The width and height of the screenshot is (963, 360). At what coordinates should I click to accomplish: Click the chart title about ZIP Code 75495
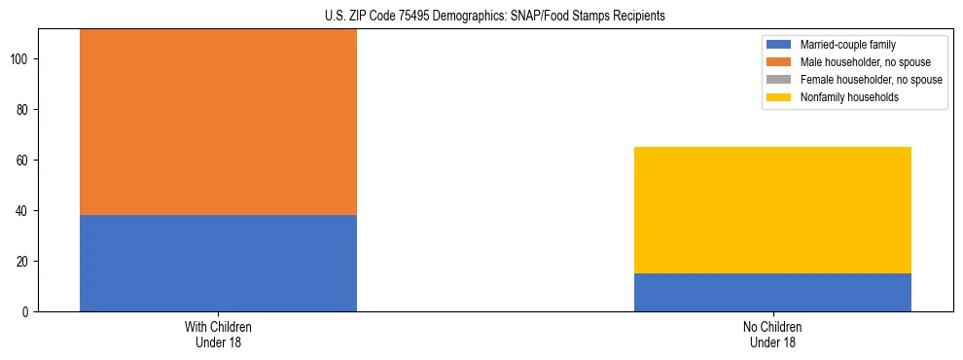481,17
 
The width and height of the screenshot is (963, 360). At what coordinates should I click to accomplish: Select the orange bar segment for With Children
218,122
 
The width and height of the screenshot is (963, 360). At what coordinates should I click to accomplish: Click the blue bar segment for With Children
218,263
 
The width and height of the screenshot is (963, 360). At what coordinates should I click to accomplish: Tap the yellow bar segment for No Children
772,210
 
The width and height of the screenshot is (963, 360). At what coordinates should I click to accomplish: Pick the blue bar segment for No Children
772,292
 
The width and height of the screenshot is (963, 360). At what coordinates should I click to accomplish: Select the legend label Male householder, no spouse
864,62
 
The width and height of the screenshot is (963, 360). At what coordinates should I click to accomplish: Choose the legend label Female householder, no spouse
871,80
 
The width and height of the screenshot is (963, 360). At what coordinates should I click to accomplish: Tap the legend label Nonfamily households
849,97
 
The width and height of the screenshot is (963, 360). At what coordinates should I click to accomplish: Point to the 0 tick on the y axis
27,311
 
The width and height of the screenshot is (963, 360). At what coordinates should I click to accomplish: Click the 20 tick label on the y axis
24,261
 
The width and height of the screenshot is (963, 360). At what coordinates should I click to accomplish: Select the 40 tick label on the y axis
24,210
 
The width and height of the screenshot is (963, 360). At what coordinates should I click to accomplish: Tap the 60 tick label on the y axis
24,160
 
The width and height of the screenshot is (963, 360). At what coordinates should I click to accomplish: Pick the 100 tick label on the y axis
21,59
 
